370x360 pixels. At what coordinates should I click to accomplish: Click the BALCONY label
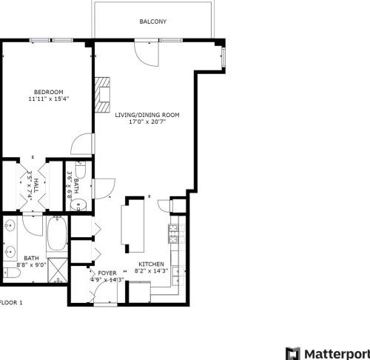pos(153,21)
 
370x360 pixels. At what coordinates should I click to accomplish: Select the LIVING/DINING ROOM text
pos(147,115)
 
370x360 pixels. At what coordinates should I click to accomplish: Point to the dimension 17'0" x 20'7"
pos(147,123)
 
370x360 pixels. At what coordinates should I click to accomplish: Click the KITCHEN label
pos(152,264)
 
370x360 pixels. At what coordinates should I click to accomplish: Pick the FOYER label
pos(102,272)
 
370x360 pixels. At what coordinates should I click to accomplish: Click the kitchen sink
pos(176,276)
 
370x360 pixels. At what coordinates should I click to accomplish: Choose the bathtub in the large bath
pos(56,236)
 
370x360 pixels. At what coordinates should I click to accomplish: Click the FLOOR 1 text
pos(11,302)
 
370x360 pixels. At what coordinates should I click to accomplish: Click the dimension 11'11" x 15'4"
pos(46,99)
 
